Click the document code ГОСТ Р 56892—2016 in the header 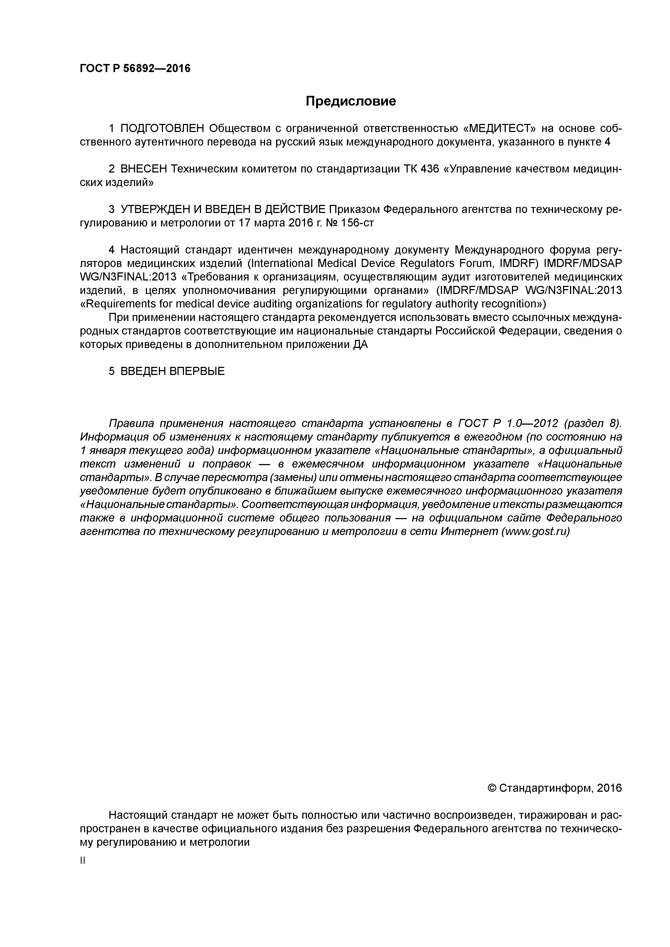pos(135,68)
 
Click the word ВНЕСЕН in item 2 pos(144,169)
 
